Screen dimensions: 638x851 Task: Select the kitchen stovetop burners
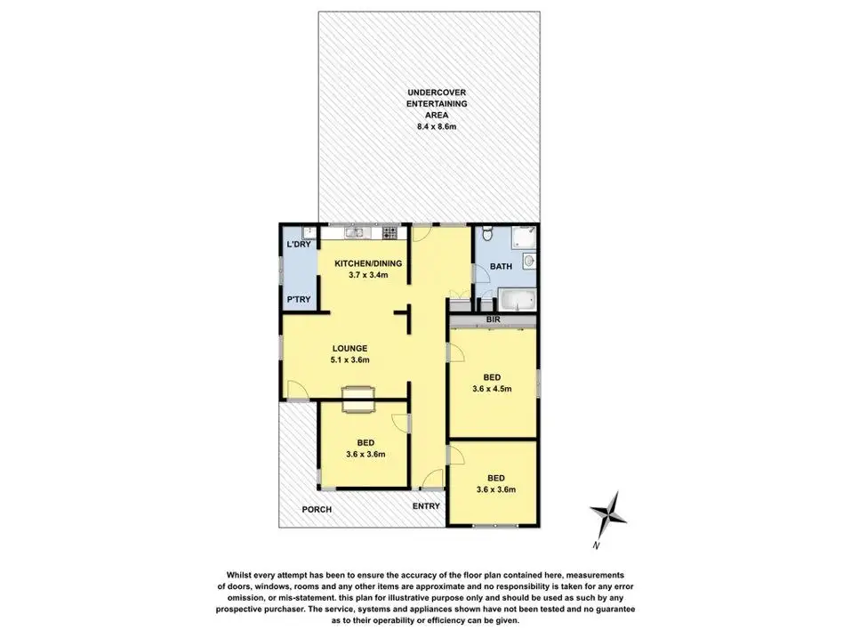tap(389, 233)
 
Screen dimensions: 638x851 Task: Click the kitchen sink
tap(354, 233)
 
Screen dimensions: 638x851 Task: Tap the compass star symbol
tap(609, 512)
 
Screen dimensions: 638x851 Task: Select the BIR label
tap(491, 319)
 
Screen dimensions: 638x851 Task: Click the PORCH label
tap(317, 510)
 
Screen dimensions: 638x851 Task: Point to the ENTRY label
tap(426, 506)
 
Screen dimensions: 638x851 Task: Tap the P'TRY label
tap(298, 299)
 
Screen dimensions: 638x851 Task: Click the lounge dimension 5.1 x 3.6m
tap(349, 359)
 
